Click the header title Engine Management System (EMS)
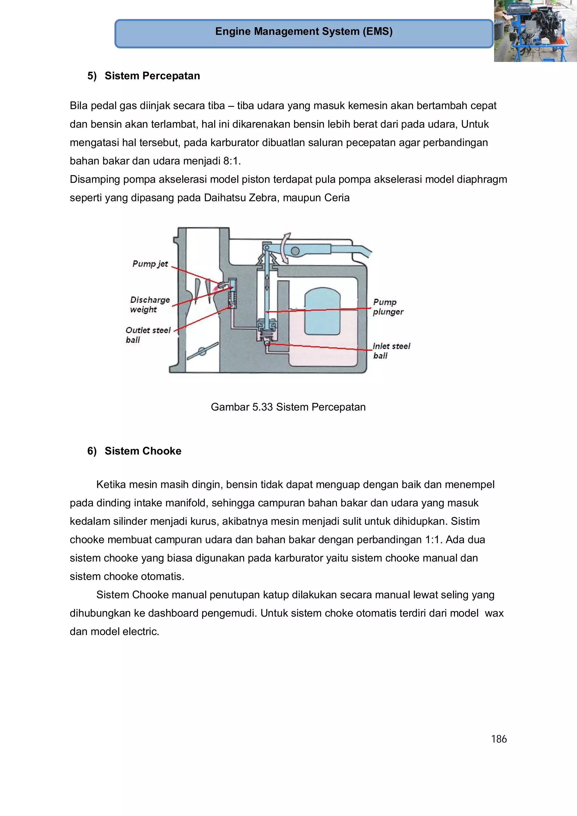(x=304, y=32)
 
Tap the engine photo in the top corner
(x=535, y=31)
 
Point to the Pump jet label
(x=150, y=264)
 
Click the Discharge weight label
(x=149, y=304)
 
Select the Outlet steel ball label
(x=148, y=335)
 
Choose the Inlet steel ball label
(x=391, y=351)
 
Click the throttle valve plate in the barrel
(x=203, y=351)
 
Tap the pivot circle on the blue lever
(x=295, y=251)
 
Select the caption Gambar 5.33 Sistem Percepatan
(x=288, y=407)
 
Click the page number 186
(x=498, y=739)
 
